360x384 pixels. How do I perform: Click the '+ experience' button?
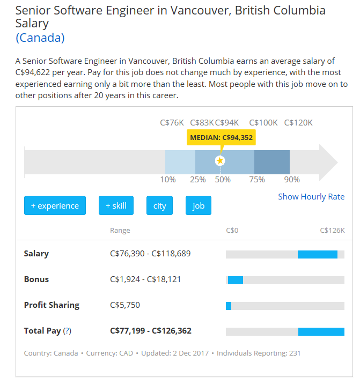[55, 205]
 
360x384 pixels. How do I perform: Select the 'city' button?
[159, 205]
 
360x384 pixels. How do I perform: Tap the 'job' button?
[199, 205]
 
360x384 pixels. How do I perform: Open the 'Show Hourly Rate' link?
[311, 197]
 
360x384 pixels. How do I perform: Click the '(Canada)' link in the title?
[40, 38]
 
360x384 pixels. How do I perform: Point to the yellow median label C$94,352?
[221, 137]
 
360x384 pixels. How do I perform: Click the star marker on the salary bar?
[220, 161]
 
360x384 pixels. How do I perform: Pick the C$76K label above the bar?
[172, 123]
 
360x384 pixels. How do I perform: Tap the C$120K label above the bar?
[298, 123]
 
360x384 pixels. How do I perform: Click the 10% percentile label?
[168, 180]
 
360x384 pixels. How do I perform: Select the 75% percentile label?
[257, 180]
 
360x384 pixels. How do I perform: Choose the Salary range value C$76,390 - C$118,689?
[150, 254]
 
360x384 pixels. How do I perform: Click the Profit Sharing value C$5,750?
[125, 305]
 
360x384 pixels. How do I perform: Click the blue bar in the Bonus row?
[236, 280]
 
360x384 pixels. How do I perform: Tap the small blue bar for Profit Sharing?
[229, 306]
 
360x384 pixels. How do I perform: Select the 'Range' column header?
[120, 231]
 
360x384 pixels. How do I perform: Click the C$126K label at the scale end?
[332, 231]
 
